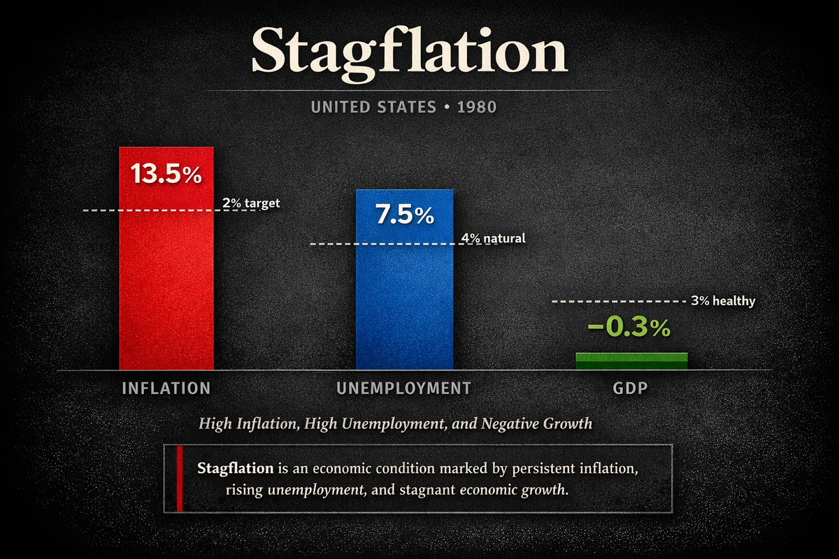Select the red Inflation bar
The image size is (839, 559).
tap(166, 279)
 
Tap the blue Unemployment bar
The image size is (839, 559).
tap(404, 293)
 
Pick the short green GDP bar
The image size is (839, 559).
tap(631, 361)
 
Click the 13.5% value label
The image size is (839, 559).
tap(166, 174)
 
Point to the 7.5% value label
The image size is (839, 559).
tap(404, 215)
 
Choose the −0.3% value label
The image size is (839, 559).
tap(629, 328)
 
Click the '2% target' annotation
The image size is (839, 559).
tap(251, 203)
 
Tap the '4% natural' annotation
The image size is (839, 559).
tap(493, 238)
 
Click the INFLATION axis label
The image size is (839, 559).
tap(166, 388)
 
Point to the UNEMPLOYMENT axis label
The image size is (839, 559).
tap(403, 388)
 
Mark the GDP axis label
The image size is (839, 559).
tap(631, 388)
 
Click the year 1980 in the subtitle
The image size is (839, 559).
tap(477, 108)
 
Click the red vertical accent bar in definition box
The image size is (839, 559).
tap(180, 479)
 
